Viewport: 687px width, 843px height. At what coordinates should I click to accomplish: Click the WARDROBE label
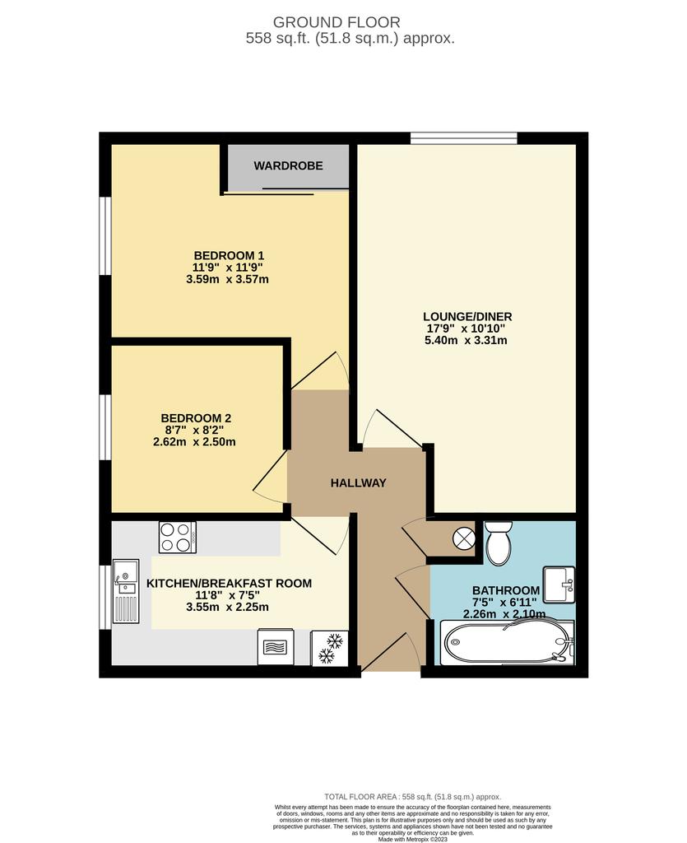point(289,165)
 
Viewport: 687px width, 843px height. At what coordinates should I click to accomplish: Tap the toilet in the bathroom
point(499,543)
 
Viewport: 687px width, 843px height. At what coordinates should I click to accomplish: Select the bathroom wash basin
point(559,585)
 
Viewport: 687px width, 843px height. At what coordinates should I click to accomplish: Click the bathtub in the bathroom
point(507,642)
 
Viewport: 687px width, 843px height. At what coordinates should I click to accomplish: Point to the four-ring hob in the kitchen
point(177,538)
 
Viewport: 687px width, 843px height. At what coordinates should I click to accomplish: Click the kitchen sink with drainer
point(126,591)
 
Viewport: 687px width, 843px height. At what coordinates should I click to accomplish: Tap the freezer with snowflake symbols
point(330,647)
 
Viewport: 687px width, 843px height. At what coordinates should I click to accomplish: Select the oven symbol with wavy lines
point(276,647)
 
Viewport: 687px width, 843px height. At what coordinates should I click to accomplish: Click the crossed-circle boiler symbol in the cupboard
point(463,538)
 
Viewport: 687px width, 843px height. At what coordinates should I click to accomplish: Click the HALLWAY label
point(358,482)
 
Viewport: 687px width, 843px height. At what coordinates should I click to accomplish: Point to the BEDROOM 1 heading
point(229,255)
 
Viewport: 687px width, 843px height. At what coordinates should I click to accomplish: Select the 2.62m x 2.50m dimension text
point(194,442)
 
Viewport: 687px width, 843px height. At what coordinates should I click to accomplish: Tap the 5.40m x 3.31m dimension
point(466,340)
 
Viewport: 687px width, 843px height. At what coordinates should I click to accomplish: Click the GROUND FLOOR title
point(337,22)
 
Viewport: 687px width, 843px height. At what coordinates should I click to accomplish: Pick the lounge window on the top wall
point(464,138)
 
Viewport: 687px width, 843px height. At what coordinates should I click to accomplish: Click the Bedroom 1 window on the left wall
point(105,236)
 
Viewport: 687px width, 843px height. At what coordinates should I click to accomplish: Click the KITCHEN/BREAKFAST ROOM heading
point(230,584)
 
